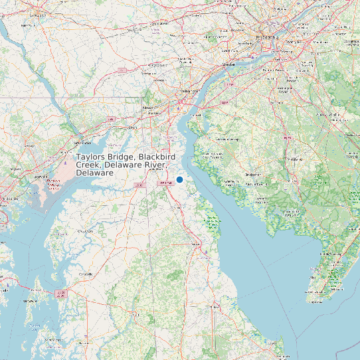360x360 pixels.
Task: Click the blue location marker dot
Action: pyautogui.click(x=179, y=180)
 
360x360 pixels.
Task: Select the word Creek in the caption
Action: pyautogui.click(x=88, y=165)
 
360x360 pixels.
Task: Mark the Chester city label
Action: pyautogui.click(x=229, y=64)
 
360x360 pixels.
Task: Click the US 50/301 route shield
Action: pyautogui.click(x=61, y=292)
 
